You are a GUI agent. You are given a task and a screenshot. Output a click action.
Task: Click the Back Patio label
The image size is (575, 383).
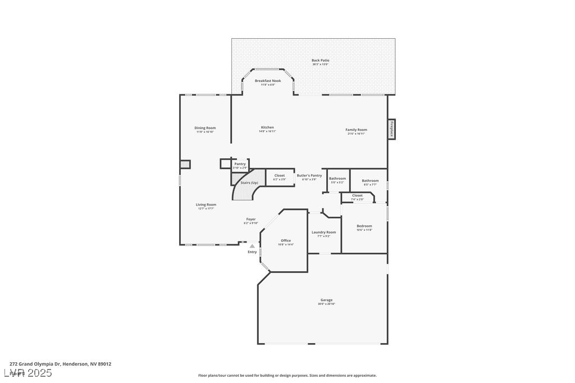click(321, 61)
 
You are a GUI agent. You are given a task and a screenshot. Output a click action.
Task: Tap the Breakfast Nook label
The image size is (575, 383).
click(267, 81)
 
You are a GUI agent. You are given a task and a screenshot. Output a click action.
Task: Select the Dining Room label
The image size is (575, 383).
click(205, 128)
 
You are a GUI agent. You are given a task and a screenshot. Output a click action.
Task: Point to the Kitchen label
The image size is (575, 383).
click(267, 127)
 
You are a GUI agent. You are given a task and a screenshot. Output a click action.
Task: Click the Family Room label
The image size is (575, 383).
click(356, 130)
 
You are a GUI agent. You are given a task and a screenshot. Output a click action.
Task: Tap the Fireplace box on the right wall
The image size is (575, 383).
click(391, 129)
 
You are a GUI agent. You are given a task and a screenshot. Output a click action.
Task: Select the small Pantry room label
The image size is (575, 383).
click(240, 164)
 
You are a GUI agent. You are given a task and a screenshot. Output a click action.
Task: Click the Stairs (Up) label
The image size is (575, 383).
click(249, 183)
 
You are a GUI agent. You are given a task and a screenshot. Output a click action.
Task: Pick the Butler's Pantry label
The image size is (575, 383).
click(309, 176)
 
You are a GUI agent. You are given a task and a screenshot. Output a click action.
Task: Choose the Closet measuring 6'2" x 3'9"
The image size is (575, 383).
click(279, 176)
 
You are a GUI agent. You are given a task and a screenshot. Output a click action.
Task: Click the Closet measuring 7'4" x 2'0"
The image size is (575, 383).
click(357, 196)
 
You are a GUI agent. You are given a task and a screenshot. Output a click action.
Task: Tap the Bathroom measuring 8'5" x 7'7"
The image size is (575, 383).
click(370, 181)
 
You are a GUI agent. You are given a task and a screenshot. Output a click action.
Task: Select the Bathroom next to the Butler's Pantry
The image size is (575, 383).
click(337, 179)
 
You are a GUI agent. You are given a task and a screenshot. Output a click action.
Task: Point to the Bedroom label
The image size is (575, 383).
click(364, 226)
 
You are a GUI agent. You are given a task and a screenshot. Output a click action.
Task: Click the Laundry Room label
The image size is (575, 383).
click(323, 232)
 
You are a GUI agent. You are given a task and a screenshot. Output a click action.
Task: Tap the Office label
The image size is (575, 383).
click(286, 241)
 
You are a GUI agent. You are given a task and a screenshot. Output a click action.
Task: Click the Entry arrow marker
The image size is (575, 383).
click(252, 246)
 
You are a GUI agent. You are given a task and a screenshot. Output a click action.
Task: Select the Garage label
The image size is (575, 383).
click(326, 300)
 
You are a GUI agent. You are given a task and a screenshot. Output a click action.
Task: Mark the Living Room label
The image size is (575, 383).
click(206, 205)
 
